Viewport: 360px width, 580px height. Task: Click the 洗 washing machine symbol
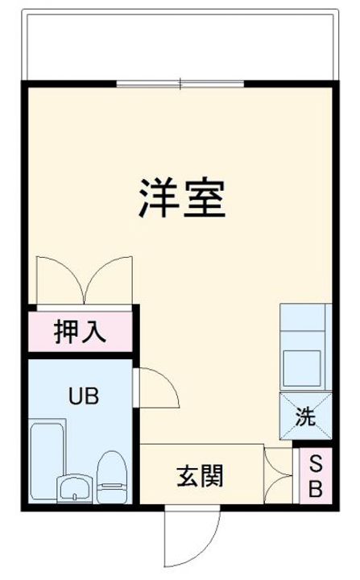304,417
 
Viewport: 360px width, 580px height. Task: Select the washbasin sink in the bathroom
73,488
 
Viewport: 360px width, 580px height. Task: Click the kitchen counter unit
304,346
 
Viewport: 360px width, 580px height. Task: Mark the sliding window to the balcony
180,84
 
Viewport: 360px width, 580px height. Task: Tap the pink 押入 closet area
48,331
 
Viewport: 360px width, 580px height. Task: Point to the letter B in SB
317,487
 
